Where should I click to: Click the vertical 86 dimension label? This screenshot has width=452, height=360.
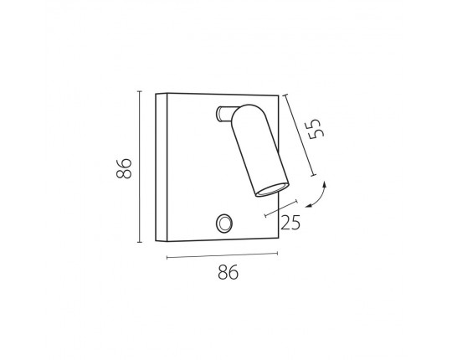pos(124,168)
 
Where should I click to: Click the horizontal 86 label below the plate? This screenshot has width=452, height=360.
pos(228,272)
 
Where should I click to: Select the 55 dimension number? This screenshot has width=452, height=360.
pos(316,129)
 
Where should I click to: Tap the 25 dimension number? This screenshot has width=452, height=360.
pos(290,223)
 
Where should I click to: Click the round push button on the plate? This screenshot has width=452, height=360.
pos(224,224)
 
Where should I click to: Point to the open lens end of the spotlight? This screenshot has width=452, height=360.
pos(272,190)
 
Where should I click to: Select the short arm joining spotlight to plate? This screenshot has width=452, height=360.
pos(225,114)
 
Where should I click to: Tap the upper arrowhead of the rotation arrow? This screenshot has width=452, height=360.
pos(325,184)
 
